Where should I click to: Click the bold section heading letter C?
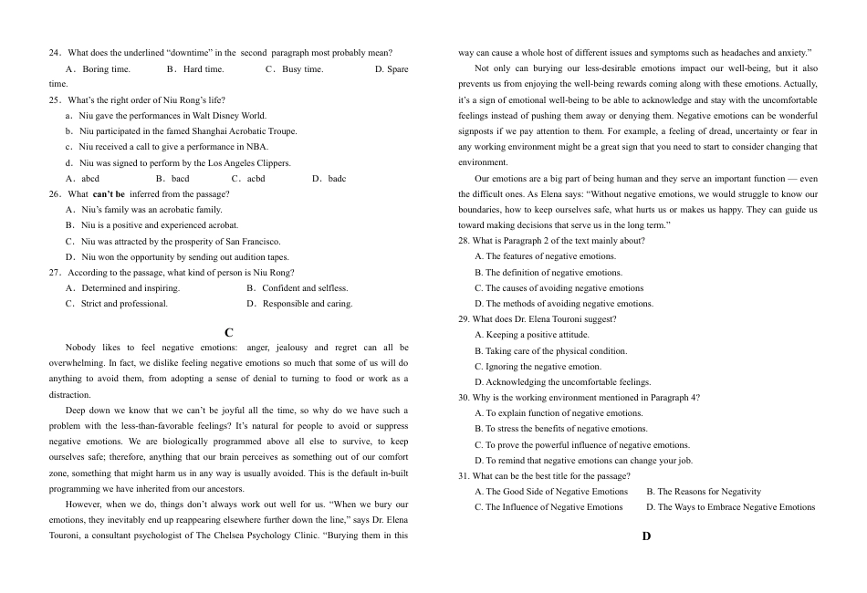point(229,334)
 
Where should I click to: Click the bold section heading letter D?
point(646,536)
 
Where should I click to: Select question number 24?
point(55,53)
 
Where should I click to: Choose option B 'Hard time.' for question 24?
point(195,69)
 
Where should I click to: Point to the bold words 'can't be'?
point(109,194)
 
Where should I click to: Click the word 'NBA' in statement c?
point(256,147)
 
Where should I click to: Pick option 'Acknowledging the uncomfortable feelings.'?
point(562,382)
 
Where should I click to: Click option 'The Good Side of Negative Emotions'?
point(551,492)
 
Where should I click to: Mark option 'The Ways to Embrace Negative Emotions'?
point(730,507)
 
